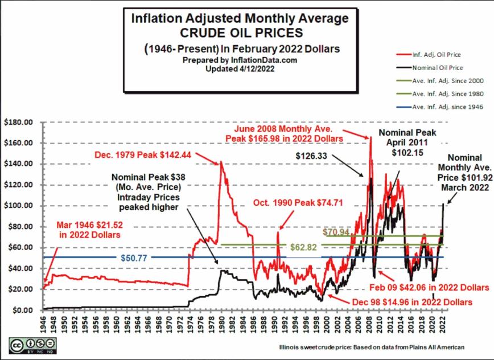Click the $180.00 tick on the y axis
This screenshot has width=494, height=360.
(18, 122)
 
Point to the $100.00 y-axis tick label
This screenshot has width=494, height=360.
(18, 205)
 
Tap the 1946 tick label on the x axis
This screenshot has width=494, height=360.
(43, 322)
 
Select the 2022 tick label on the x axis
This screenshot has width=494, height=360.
(442, 322)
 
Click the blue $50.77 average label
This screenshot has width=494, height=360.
(134, 257)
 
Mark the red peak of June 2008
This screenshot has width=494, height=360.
(370, 137)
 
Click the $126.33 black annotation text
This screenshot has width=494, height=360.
(313, 154)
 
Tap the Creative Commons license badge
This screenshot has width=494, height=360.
(32, 345)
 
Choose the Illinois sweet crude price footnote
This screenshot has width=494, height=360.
(371, 347)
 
